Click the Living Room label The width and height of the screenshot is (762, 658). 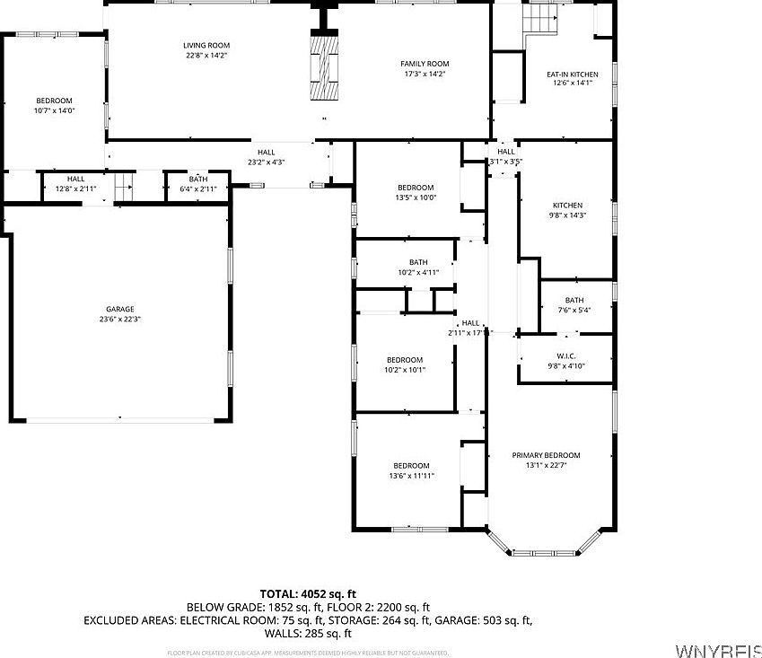click(207, 45)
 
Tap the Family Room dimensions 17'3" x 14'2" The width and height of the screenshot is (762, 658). click(425, 74)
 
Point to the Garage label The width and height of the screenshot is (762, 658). click(119, 309)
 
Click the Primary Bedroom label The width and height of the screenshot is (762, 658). click(546, 455)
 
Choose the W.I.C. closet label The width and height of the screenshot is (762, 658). click(565, 355)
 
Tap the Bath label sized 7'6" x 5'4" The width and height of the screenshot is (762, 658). click(574, 300)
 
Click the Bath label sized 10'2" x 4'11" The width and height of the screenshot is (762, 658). click(418, 262)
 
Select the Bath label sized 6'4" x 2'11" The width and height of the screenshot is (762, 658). click(197, 179)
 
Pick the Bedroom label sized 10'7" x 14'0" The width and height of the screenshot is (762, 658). click(54, 101)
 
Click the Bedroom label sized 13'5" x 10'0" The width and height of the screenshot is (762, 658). click(416, 188)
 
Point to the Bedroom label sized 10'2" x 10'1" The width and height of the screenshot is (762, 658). click(404, 360)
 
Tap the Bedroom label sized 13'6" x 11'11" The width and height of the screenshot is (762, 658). click(411, 465)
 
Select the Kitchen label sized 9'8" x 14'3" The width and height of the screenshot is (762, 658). click(567, 206)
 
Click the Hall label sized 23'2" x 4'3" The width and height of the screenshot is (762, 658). click(266, 153)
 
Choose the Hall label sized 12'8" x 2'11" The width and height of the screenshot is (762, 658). click(75, 179)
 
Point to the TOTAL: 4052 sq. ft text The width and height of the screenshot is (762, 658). click(308, 593)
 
